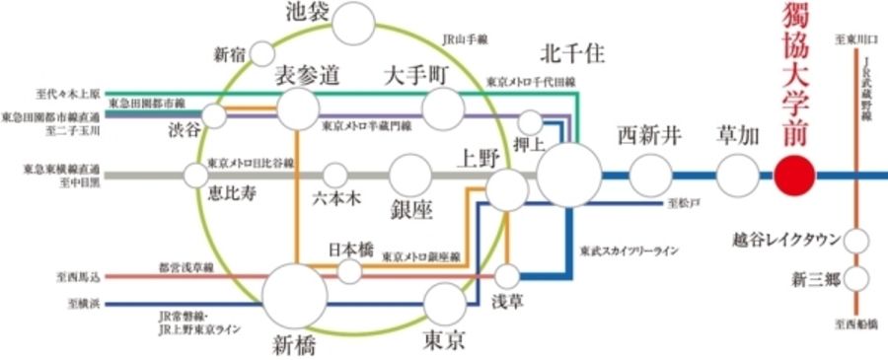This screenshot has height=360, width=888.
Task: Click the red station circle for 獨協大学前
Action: (795, 177)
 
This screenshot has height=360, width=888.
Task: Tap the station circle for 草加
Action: (736, 177)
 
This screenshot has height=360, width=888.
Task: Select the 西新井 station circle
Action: (649, 177)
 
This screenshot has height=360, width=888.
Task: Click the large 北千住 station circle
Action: (569, 176)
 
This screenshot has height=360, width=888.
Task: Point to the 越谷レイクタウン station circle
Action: (855, 240)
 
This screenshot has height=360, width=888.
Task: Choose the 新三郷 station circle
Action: (855, 278)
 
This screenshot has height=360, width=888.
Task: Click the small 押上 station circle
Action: (531, 123)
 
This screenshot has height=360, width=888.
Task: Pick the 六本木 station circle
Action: (335, 176)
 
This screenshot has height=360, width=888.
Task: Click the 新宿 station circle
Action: (262, 52)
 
